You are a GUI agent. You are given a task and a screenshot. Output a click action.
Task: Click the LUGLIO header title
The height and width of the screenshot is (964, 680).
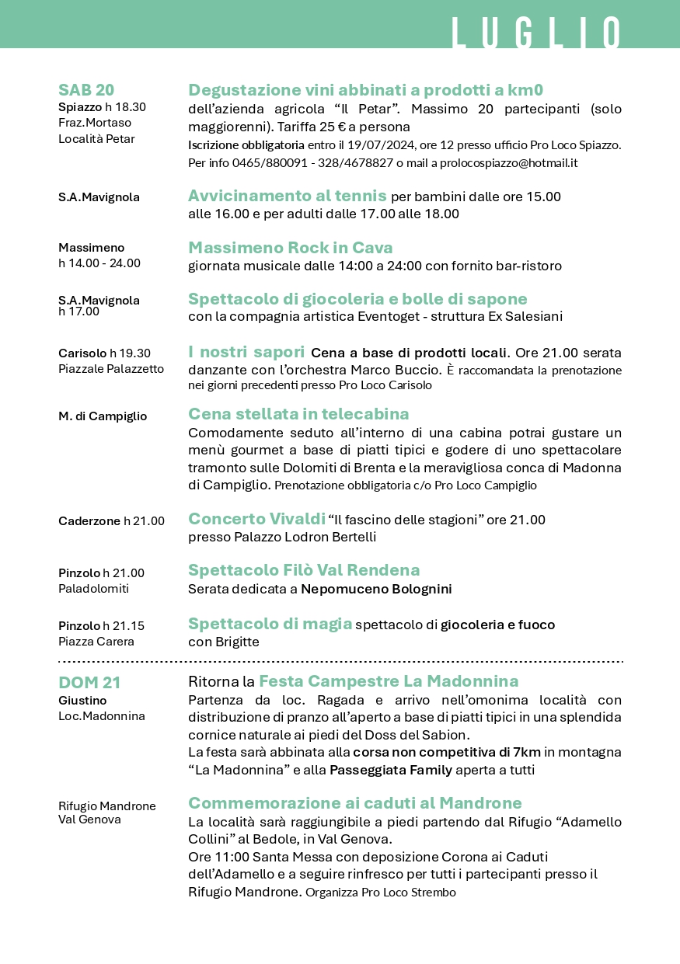[536, 34]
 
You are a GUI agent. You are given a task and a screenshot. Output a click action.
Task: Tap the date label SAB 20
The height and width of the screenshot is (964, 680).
[86, 89]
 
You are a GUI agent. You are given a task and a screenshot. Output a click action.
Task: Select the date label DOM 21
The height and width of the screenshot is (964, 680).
[89, 683]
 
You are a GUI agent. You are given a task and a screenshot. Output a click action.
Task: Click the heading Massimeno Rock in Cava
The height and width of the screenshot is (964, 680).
[291, 248]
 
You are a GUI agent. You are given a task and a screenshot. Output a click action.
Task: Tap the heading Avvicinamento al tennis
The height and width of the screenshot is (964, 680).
[288, 196]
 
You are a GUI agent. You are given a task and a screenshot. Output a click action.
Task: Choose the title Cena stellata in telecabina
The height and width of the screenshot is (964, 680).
[298, 413]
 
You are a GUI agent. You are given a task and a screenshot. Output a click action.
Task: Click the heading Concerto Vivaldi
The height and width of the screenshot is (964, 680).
[256, 519]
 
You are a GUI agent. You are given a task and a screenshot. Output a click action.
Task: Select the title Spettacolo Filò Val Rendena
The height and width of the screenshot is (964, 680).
[304, 570]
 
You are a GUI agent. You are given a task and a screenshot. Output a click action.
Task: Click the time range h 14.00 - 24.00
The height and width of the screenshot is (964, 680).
[99, 263]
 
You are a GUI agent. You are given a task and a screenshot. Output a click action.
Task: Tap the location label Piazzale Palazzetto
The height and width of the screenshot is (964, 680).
[111, 368]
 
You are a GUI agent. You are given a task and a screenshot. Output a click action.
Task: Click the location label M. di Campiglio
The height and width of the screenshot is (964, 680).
[103, 416]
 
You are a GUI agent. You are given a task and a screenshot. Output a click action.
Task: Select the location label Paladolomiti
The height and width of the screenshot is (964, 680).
[93, 588]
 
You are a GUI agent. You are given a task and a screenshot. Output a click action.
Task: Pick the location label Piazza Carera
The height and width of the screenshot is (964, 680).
[96, 641]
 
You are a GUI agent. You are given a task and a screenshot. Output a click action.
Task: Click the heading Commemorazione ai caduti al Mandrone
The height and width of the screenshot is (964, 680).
[355, 802]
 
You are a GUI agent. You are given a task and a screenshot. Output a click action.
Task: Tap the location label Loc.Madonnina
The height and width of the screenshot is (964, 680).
[102, 715]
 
